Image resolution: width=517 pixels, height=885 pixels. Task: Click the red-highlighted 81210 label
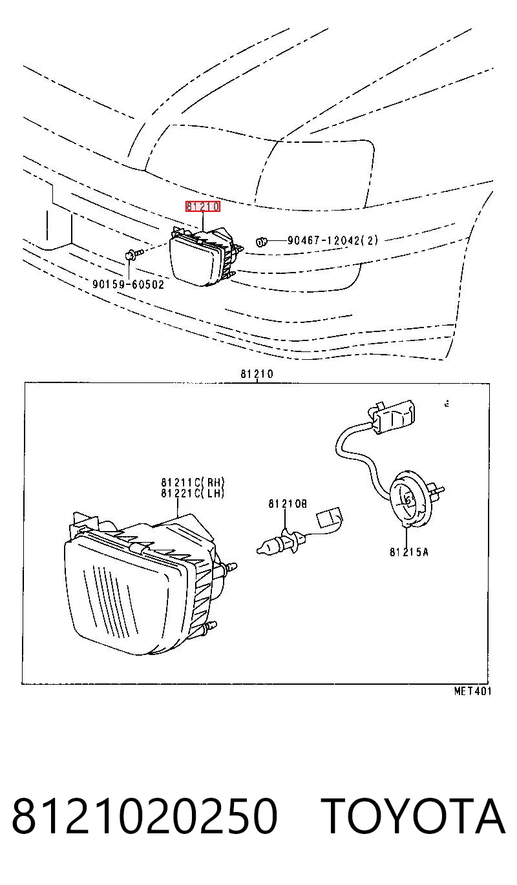tap(203, 206)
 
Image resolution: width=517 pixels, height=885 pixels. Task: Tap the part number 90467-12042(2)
tap(332, 240)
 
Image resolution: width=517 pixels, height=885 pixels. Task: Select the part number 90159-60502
tap(128, 284)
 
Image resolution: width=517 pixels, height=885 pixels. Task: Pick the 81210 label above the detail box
tap(257, 374)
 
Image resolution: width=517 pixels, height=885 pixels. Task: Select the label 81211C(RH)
tap(193, 482)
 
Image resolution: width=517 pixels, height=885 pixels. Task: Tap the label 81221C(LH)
tap(193, 493)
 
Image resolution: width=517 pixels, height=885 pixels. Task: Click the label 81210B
tap(288, 504)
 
